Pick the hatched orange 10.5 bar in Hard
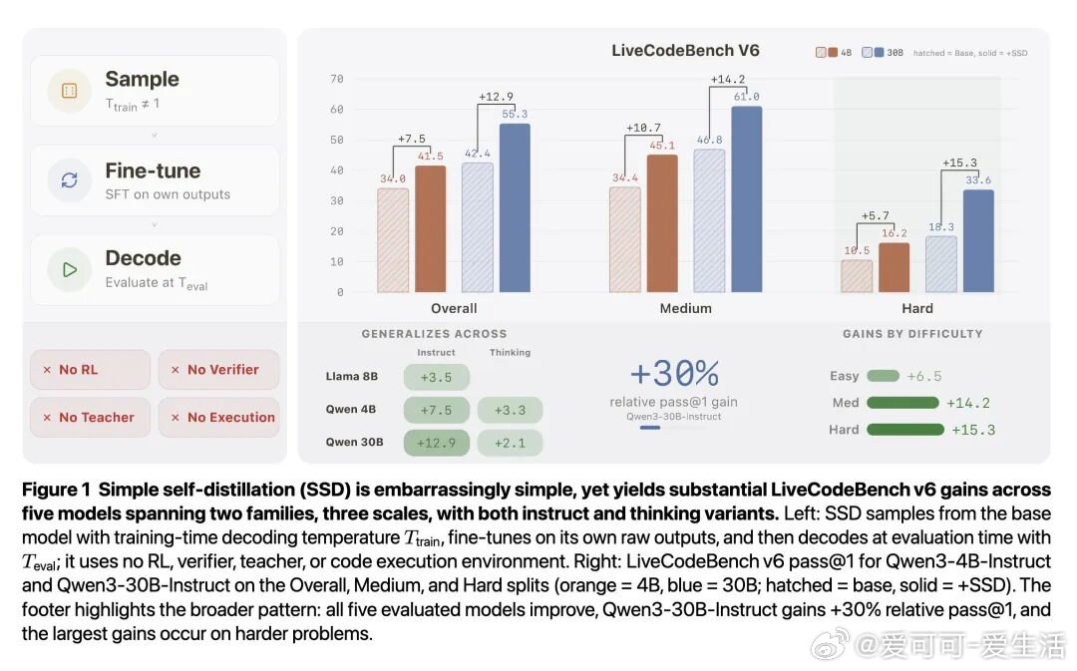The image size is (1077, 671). tap(857, 276)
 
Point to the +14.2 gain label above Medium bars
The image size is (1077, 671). tap(728, 80)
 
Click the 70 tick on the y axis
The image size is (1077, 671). tap(337, 79)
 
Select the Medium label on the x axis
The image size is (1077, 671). tap(685, 308)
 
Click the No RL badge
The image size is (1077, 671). tap(90, 369)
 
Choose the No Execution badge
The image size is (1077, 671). tap(219, 417)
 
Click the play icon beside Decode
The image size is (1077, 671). tap(70, 269)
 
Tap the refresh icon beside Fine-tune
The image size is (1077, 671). tap(70, 180)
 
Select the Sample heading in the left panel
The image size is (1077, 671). tap(142, 79)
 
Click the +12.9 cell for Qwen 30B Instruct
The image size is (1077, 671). tap(435, 442)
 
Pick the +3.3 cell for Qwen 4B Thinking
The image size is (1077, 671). tap(510, 410)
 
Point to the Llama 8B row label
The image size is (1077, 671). tap(352, 377)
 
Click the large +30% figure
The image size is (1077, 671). tap(674, 374)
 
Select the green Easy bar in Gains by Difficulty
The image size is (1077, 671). tap(883, 376)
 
